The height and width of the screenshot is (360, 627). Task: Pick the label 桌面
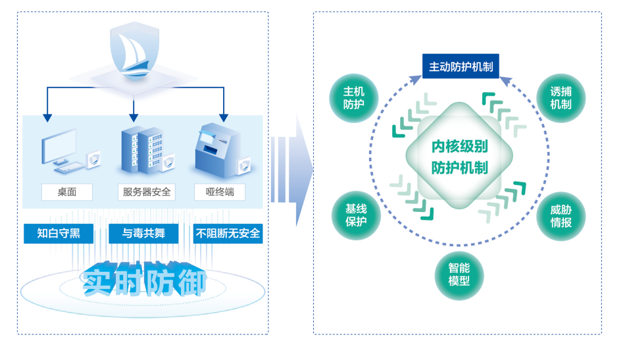pyautogui.click(x=66, y=192)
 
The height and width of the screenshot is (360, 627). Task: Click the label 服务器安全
pyautogui.click(x=147, y=192)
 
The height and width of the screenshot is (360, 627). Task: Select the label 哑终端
pyautogui.click(x=220, y=192)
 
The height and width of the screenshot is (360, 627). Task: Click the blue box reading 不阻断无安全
pyautogui.click(x=228, y=233)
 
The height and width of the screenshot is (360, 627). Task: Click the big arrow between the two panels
pyautogui.click(x=289, y=170)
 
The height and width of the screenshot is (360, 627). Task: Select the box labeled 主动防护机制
pyautogui.click(x=461, y=67)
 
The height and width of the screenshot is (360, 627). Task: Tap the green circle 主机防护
pyautogui.click(x=353, y=98)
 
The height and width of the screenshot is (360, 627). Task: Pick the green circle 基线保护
pyautogui.click(x=355, y=215)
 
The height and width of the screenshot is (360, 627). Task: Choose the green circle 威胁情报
pyautogui.click(x=561, y=215)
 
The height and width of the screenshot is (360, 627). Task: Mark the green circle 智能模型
pyautogui.click(x=459, y=274)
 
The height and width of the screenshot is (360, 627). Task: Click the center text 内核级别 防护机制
pyautogui.click(x=459, y=157)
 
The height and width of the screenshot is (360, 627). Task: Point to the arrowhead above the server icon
pyautogui.click(x=134, y=118)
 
